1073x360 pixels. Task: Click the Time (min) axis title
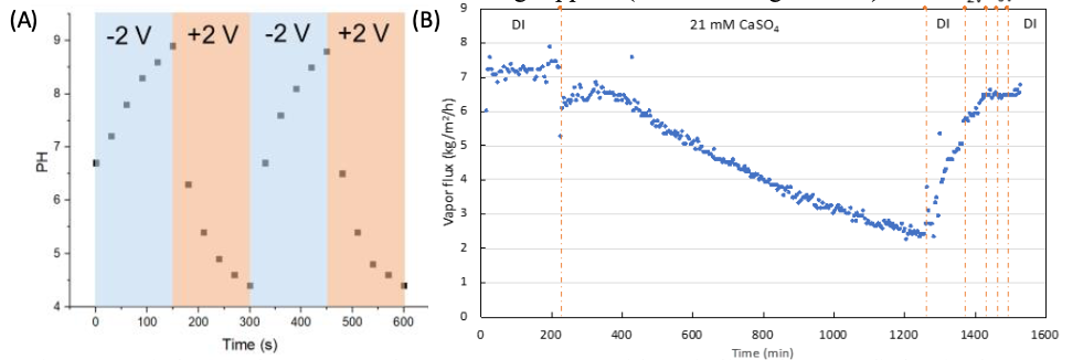[763, 352]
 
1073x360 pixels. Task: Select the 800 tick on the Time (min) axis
[763, 335]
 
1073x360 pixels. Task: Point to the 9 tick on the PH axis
[68, 40]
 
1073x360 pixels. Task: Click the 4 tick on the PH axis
[68, 306]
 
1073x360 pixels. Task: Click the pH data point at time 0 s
[95, 162]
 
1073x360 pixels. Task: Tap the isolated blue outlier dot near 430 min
[632, 57]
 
